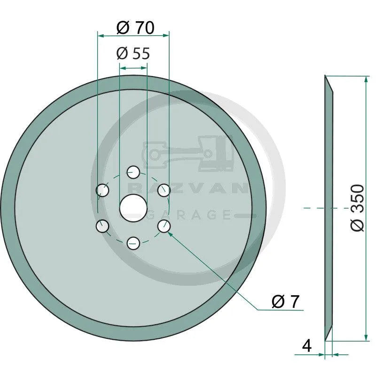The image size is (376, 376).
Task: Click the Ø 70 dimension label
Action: click(x=134, y=28)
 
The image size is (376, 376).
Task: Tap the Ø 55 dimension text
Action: click(x=133, y=54)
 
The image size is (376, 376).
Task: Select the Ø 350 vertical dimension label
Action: click(x=357, y=207)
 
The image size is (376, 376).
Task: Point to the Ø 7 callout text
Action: click(x=285, y=301)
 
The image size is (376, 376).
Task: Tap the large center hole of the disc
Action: click(x=133, y=208)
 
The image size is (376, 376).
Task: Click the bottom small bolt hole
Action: click(x=133, y=243)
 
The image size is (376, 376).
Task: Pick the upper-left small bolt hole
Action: click(x=102, y=190)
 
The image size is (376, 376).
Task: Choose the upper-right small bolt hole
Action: click(x=164, y=190)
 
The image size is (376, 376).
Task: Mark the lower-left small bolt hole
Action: click(x=102, y=226)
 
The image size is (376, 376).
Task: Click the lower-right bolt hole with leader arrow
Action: click(x=164, y=226)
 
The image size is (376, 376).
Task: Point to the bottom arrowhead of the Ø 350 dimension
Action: click(x=366, y=337)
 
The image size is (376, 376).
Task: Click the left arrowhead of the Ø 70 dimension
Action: click(x=100, y=35)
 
